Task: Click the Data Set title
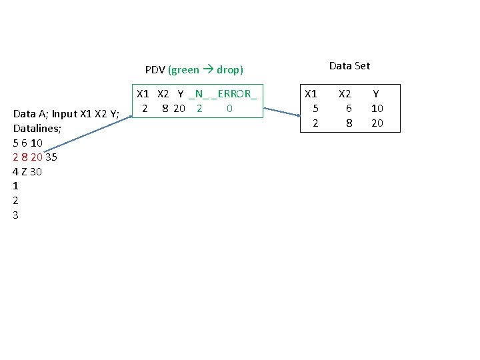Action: (349, 66)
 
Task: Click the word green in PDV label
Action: (184, 69)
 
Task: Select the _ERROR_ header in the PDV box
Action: (234, 95)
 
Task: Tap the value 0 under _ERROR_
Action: (229, 108)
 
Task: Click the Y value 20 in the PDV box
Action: (179, 108)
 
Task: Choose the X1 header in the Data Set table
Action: (311, 95)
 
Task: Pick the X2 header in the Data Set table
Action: (345, 95)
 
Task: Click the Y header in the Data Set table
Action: (376, 95)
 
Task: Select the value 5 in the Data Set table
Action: (315, 109)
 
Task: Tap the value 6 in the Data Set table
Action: (349, 109)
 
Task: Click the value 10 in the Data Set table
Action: (377, 109)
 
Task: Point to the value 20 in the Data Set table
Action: (377, 123)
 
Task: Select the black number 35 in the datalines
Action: (51, 157)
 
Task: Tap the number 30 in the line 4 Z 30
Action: (36, 172)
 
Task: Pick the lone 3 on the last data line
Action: (16, 215)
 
